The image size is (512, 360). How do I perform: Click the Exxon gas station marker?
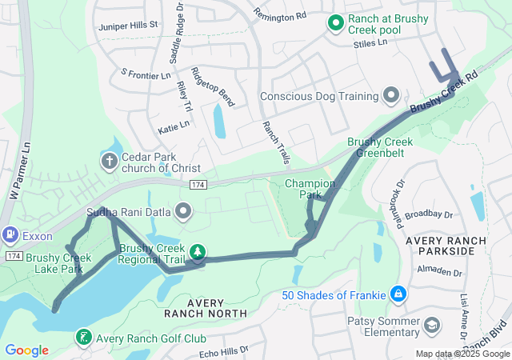tap(10, 235)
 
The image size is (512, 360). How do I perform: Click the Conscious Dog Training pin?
tap(391, 96)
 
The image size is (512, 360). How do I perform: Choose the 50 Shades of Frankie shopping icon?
tap(398, 295)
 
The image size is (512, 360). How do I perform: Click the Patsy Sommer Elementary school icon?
tap(432, 325)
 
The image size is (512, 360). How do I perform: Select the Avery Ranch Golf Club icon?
tap(85, 338)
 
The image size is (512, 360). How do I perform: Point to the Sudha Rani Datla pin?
tap(184, 213)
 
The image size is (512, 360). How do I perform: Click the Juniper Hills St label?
tap(128, 26)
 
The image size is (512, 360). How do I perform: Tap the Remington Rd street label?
tap(279, 14)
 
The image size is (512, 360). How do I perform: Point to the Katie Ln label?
tap(174, 126)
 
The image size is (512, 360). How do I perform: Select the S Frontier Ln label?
tap(146, 74)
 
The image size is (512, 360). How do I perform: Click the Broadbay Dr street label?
tap(429, 214)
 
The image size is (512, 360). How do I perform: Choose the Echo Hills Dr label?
tap(224, 352)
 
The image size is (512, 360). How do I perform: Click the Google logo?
tap(26, 350)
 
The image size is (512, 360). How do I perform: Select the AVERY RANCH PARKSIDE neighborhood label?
tap(445, 246)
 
